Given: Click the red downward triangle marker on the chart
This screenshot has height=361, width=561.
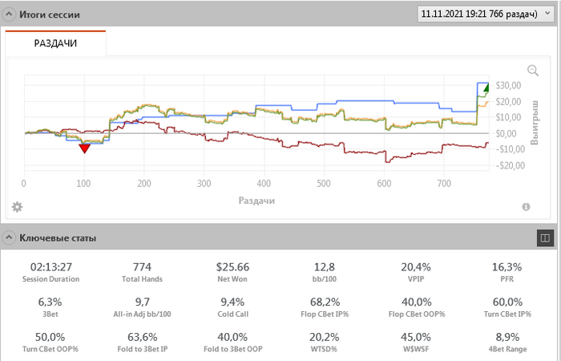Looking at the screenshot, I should pyautogui.click(x=84, y=148).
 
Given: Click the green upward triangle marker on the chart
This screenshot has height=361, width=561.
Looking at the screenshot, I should pyautogui.click(x=486, y=88).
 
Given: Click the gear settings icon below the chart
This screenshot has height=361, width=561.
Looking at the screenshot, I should pyautogui.click(x=17, y=207).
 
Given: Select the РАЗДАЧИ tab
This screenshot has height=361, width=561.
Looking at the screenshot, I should pyautogui.click(x=55, y=43).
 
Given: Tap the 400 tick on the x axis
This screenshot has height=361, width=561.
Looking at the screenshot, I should pyautogui.click(x=324, y=184).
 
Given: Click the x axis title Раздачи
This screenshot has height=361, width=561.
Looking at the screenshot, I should pyautogui.click(x=256, y=200).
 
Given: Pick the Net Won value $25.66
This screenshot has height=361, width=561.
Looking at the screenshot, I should pyautogui.click(x=233, y=266).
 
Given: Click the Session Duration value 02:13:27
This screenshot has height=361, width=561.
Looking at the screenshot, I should pyautogui.click(x=50, y=266).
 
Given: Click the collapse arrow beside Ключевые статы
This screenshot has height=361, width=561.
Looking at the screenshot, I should pyautogui.click(x=8, y=237).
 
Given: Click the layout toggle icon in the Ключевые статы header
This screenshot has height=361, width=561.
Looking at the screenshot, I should pyautogui.click(x=544, y=237).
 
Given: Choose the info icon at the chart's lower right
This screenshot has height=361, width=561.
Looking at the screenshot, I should pyautogui.click(x=527, y=207).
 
